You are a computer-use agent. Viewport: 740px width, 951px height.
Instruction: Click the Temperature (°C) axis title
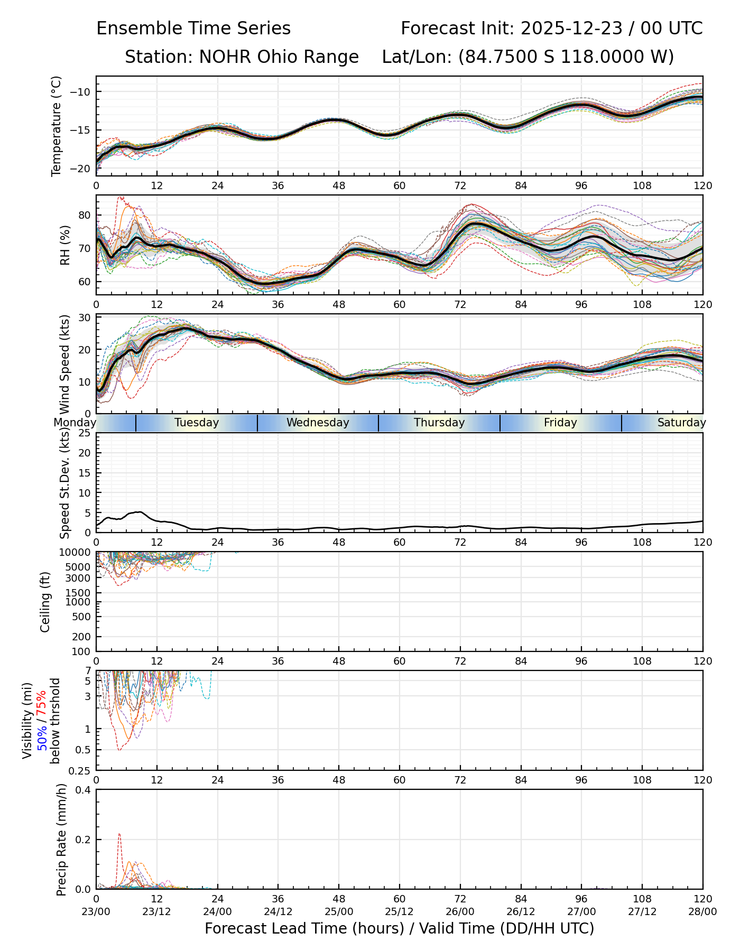pos(57,126)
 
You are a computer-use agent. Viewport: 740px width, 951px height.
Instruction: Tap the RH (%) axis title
pos(65,245)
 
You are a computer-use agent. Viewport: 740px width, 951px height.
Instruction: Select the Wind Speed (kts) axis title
pos(65,364)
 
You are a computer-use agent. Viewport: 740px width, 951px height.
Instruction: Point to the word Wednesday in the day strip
pos(318,423)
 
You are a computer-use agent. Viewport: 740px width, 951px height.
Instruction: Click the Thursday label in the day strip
pos(439,423)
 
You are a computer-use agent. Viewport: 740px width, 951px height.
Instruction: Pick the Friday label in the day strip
pos(560,423)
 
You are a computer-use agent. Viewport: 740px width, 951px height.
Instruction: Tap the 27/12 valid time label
pos(642,911)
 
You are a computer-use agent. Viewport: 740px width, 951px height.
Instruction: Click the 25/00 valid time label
pos(339,911)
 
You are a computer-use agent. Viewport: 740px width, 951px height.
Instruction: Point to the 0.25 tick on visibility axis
pos(81,770)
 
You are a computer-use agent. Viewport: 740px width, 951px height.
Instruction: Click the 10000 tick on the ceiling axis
pos(77,553)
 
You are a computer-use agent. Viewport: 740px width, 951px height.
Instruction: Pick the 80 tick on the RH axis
pos(84,215)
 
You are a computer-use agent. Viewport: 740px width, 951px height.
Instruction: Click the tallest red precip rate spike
pos(119,835)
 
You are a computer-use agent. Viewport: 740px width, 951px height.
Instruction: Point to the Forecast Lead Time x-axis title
pos(399,928)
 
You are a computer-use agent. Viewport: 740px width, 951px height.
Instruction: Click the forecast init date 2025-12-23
pos(571,29)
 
